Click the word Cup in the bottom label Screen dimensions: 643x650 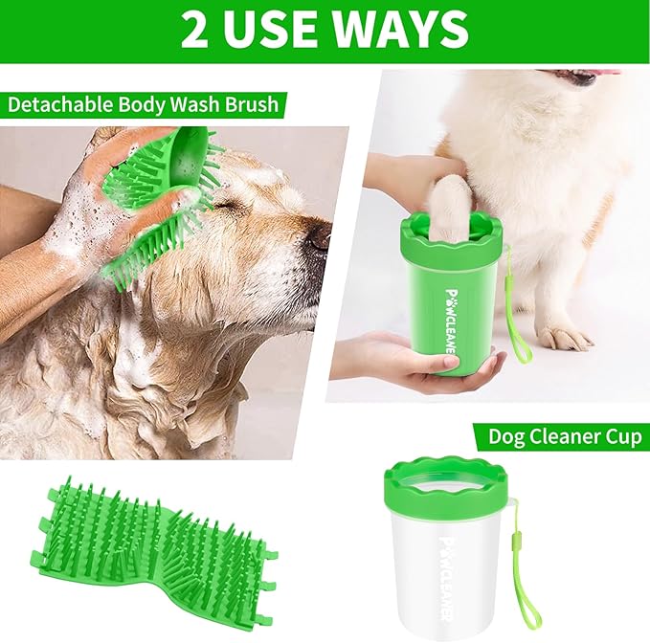click(x=620, y=437)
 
